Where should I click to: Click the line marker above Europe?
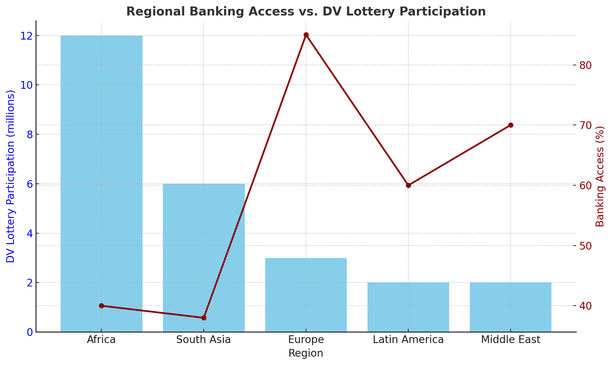point(306,35)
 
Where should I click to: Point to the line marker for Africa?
point(101,306)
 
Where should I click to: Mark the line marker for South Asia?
point(204,318)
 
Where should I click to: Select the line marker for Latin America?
point(408,185)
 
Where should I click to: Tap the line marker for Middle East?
point(511,125)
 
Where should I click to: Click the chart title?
point(306,12)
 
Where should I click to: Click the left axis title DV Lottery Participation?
point(11,176)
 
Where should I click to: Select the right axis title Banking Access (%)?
point(600,176)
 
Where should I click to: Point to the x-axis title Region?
point(306,353)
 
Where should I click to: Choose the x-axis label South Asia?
point(204,340)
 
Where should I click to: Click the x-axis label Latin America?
point(408,340)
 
